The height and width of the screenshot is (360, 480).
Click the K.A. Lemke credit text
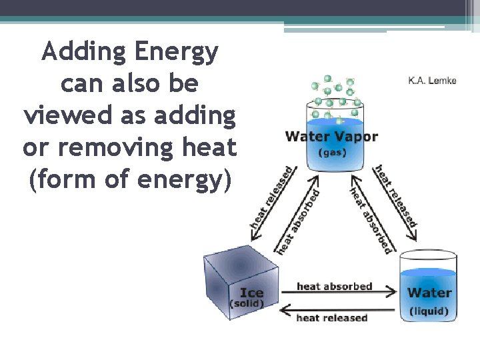click(x=432, y=81)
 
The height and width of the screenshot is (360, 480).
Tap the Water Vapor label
click(x=331, y=137)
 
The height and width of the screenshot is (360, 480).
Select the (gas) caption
click(x=331, y=152)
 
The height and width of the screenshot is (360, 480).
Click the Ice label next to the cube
click(x=251, y=293)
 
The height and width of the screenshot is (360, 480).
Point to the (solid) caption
click(x=247, y=304)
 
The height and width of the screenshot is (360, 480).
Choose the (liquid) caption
click(x=429, y=311)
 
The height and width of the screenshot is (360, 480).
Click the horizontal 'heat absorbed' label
click(x=334, y=287)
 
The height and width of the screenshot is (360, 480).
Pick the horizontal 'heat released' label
click(x=331, y=318)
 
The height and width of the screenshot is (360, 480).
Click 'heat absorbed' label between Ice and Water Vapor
click(x=298, y=221)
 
